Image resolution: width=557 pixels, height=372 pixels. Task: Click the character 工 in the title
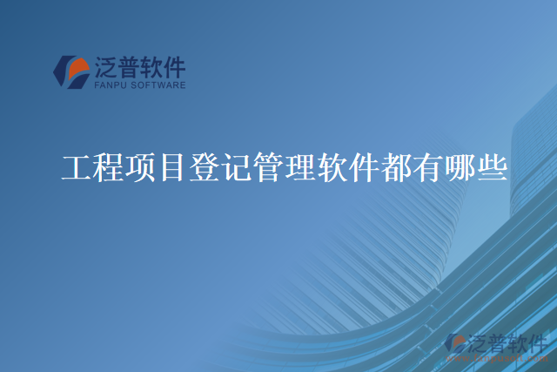point(77,166)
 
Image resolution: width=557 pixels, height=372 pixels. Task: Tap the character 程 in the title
point(109,166)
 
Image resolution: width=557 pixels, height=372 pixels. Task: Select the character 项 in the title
point(141,166)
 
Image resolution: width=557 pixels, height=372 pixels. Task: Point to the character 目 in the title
point(172,166)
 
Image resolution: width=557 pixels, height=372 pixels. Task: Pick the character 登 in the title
point(205,166)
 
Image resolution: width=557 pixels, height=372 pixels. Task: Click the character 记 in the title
point(237,166)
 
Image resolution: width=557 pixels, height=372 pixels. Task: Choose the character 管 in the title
point(268,166)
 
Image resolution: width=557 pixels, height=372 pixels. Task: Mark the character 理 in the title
point(300,166)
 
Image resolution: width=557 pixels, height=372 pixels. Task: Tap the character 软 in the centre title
point(332,166)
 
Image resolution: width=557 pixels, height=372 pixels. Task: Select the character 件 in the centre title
point(364,166)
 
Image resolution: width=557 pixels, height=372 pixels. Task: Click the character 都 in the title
point(396,166)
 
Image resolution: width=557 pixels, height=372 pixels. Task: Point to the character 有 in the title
point(428,166)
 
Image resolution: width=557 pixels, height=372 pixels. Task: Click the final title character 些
point(492,166)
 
